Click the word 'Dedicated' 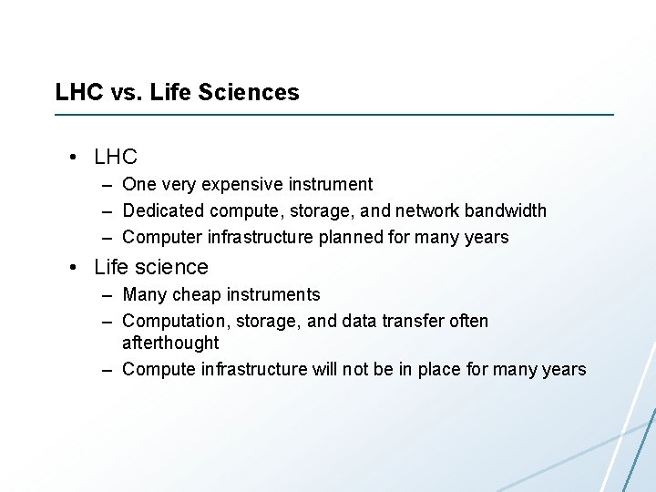click(163, 210)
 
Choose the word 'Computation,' click(173, 321)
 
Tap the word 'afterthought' click(170, 343)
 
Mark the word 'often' click(467, 321)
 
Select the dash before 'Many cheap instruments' click(107, 294)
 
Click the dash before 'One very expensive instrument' click(107, 184)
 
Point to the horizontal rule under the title click(334, 115)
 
